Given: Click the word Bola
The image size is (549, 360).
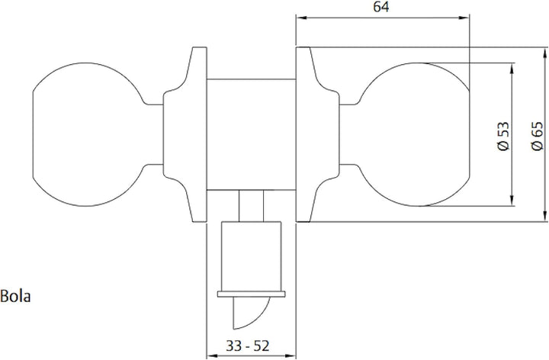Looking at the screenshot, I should (x=15, y=295).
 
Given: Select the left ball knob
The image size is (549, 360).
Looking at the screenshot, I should (x=84, y=135).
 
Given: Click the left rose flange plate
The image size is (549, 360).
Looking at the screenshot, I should (x=194, y=135).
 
